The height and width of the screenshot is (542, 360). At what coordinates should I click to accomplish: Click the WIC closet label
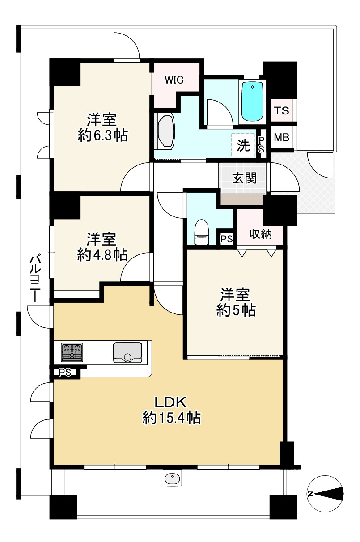174,80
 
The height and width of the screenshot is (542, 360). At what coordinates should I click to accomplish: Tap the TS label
282,110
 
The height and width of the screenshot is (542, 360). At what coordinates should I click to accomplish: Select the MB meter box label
282,138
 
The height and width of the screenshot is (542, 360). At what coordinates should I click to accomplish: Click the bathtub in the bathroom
252,101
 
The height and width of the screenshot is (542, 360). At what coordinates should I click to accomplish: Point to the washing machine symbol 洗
243,145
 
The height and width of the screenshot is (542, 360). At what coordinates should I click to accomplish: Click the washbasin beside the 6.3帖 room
165,131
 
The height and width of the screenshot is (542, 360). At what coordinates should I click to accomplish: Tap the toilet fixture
202,232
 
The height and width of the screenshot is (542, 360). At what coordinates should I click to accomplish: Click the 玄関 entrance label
244,178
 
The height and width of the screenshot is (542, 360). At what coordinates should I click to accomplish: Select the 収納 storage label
260,234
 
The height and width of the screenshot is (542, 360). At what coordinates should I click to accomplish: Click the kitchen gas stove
72,352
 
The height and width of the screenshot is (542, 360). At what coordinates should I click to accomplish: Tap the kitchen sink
127,352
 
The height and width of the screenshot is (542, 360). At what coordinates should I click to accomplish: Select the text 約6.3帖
102,135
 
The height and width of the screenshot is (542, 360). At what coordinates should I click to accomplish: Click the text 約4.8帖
102,254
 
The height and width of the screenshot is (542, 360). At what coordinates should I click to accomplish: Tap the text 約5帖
236,310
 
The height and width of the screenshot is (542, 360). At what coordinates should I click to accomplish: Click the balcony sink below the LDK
172,478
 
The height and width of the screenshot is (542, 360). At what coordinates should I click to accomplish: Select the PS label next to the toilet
226,239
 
